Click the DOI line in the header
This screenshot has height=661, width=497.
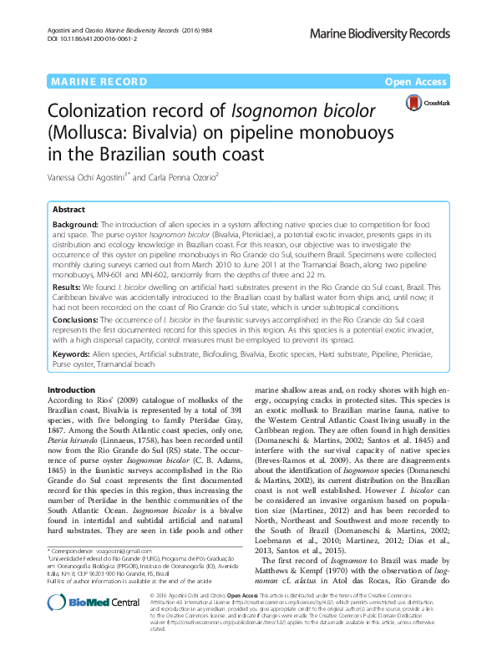[x=91, y=38]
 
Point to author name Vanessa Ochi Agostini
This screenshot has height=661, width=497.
[x=89, y=176]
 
